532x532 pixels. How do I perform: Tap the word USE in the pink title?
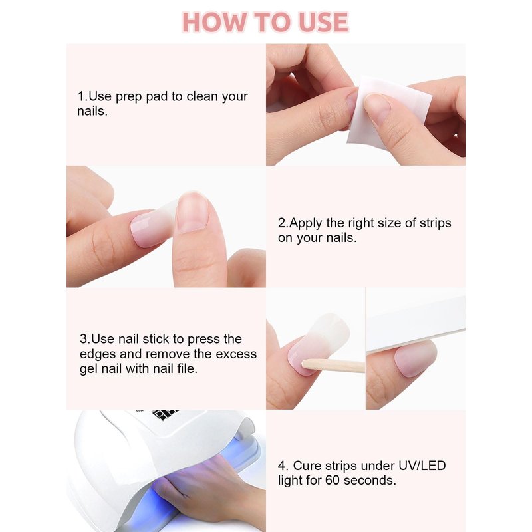click(323, 23)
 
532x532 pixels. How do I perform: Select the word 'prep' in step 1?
click(129, 97)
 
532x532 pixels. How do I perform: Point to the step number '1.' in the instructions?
click(82, 96)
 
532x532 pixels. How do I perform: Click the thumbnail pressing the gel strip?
click(192, 212)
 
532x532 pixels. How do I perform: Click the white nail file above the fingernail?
click(416, 323)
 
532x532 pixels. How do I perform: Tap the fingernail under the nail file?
click(416, 358)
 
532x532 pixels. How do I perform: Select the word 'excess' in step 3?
click(236, 354)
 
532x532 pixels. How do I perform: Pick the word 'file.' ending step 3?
click(188, 368)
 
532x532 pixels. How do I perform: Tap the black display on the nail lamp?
click(165, 414)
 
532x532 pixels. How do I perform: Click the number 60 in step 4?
click(332, 481)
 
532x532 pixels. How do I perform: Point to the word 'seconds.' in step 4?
click(370, 481)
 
